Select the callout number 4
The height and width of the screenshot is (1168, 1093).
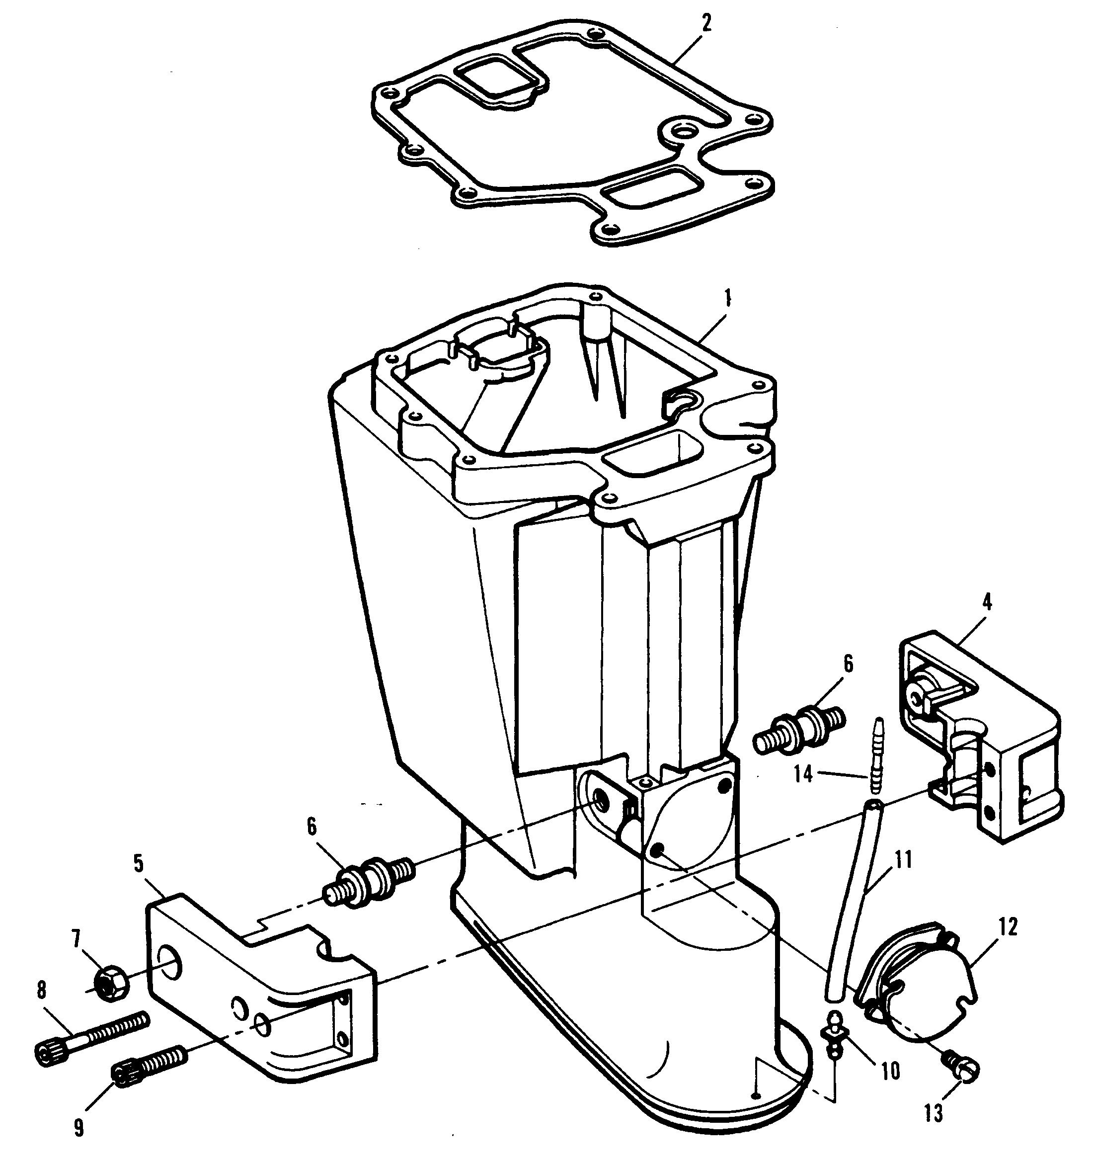[x=987, y=603]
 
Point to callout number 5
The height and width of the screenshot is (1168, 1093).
[x=138, y=863]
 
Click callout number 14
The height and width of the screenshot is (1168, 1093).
[x=803, y=774]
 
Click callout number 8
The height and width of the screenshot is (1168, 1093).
[x=41, y=991]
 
